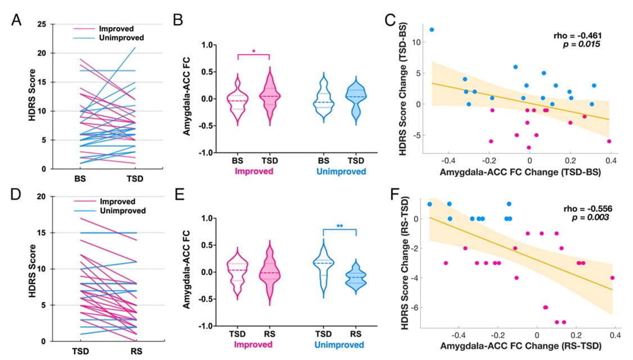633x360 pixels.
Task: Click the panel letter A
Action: coord(17,22)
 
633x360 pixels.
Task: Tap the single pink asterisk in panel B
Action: coord(254,52)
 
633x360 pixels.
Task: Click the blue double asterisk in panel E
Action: coord(339,227)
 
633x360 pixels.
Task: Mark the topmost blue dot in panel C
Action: coord(432,30)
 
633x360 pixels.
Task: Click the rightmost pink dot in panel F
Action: coord(612,277)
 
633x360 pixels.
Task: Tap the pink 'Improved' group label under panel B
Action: coord(253,172)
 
